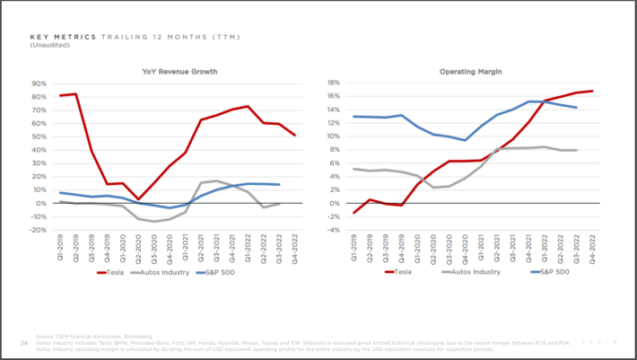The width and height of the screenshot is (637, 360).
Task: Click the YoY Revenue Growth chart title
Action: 179,71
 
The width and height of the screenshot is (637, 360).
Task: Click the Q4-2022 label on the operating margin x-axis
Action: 592,247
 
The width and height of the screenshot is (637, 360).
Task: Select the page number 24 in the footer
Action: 24,342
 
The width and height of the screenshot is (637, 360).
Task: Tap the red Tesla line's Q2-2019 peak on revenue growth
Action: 75,93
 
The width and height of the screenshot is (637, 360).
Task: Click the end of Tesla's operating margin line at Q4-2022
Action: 592,91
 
